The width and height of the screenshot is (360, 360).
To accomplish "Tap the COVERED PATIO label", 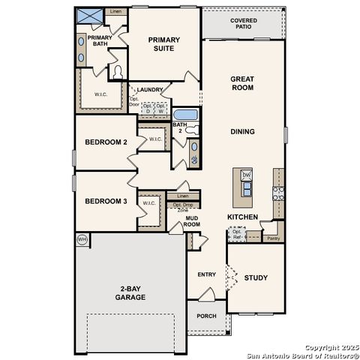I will click(x=241, y=23).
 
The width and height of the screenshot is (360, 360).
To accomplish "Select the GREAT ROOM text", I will click(x=241, y=82).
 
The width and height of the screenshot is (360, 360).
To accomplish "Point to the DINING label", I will click(x=242, y=131).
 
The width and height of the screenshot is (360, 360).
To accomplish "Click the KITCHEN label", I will click(x=243, y=217).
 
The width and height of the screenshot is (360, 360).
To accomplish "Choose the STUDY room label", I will click(x=256, y=277).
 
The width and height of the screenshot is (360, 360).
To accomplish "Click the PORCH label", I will click(x=206, y=316).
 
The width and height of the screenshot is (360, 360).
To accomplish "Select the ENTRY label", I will click(x=207, y=274).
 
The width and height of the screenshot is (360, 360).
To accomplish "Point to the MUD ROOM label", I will click(x=192, y=221).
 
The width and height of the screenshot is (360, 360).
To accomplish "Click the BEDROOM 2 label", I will click(x=105, y=142).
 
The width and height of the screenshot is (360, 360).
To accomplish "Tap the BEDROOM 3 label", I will click(x=105, y=201).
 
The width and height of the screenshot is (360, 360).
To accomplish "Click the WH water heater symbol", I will click(x=82, y=239).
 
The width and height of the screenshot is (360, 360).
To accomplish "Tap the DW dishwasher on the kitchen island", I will click(x=246, y=175).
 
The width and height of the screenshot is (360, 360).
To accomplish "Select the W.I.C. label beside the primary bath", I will click(x=102, y=94).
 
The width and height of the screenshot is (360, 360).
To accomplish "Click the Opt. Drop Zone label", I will click(x=183, y=208).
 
